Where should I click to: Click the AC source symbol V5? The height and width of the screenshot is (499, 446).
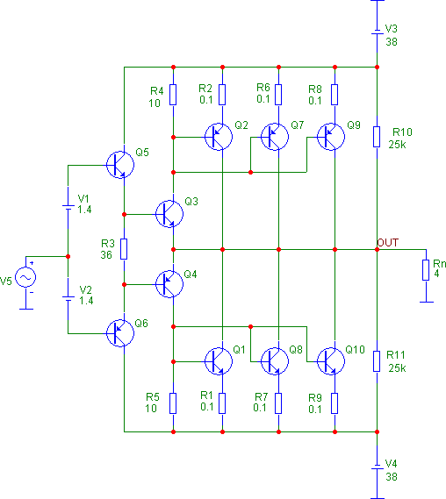tap(23, 278)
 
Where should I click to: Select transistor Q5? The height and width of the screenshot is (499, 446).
tap(119, 164)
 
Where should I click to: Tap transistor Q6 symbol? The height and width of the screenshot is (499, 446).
tap(119, 331)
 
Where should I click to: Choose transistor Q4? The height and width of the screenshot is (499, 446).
tap(169, 282)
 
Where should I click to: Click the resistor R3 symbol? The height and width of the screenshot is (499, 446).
tap(124, 248)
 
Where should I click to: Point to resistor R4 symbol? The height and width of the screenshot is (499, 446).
tap(174, 93)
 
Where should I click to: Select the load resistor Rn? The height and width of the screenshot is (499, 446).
tap(425, 269)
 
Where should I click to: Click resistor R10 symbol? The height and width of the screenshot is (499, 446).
tap(377, 136)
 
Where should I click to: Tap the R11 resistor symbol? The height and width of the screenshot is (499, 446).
tap(377, 360)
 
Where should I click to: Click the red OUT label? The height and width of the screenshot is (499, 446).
tap(388, 241)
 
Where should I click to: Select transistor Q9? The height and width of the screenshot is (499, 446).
tap(331, 136)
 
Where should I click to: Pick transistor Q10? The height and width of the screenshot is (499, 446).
tap(330, 360)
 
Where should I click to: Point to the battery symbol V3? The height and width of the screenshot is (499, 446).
tap(377, 33)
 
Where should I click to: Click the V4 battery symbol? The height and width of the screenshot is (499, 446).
tap(377, 465)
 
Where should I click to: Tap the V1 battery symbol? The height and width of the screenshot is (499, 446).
tap(68, 207)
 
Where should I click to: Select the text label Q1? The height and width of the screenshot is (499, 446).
tap(239, 350)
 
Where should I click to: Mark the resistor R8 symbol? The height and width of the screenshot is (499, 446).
tap(334, 93)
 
